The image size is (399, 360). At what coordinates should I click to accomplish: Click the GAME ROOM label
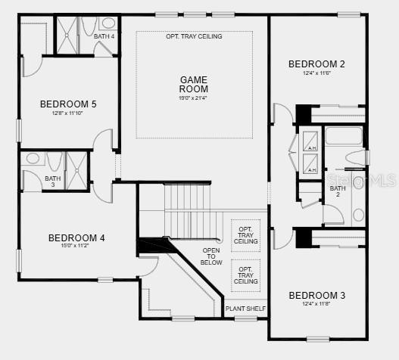pos(194,84)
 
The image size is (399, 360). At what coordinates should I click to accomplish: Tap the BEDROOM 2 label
pos(316,64)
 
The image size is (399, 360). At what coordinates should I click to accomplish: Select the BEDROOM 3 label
pos(316,295)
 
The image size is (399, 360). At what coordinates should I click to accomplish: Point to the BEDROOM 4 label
pos(76,238)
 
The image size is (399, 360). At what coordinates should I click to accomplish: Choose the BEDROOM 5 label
pos(68,104)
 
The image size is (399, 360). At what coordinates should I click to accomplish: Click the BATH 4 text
pos(104,36)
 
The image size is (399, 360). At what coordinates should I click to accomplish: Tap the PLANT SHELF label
pos(245,309)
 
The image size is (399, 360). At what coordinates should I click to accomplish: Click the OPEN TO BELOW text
pos(211,256)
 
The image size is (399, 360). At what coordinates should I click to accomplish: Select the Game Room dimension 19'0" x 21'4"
pos(194,98)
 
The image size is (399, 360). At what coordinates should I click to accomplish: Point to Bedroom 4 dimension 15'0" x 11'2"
pos(76,247)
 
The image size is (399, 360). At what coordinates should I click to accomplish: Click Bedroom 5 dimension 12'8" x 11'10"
pos(68,113)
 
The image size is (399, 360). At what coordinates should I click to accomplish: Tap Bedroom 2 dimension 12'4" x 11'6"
pos(316,73)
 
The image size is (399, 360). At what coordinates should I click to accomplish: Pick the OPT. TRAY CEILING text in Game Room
pos(194,36)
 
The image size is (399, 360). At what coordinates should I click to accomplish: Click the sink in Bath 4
pos(107,22)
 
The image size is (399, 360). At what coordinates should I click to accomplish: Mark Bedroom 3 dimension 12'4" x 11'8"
pos(316,305)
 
